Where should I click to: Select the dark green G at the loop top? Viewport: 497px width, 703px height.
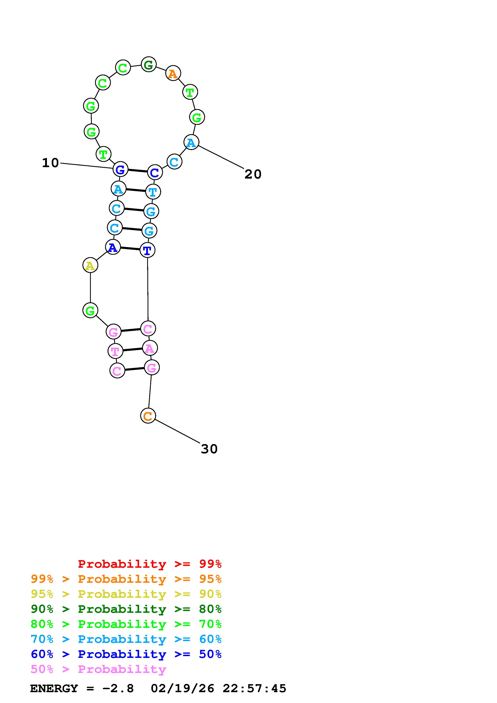pyautogui.click(x=149, y=65)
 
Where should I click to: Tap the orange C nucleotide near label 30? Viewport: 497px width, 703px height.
pyautogui.click(x=148, y=416)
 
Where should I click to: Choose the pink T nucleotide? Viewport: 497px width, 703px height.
pyautogui.click(x=115, y=351)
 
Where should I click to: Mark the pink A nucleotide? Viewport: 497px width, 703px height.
pyautogui.click(x=150, y=348)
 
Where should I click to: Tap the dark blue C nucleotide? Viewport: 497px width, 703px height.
pyautogui.click(x=155, y=172)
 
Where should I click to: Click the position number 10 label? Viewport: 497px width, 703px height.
pyautogui.click(x=50, y=163)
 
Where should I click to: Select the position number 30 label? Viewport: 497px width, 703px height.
pyautogui.click(x=209, y=449)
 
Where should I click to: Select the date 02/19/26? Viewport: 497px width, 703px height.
pyautogui.click(x=182, y=689)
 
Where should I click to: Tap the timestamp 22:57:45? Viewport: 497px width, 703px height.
pyautogui.click(x=254, y=689)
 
